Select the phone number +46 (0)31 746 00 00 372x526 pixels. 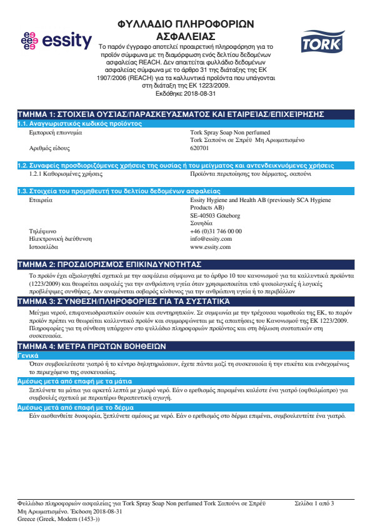point(216,231)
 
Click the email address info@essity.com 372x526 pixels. point(211,238)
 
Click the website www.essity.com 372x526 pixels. point(211,246)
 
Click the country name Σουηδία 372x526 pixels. point(202,223)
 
